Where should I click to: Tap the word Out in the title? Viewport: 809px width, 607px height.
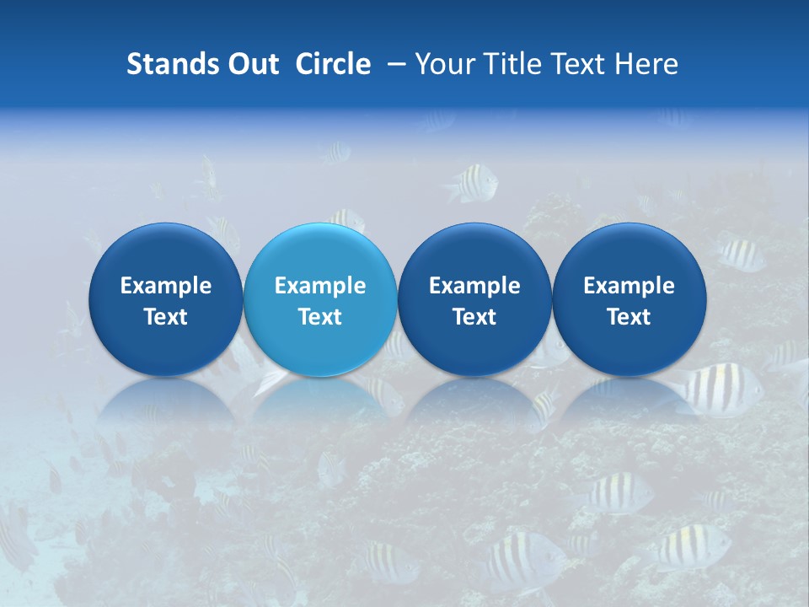[x=252, y=64]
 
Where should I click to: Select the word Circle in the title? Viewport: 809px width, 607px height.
[x=333, y=64]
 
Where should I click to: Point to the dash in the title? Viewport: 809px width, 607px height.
[x=394, y=64]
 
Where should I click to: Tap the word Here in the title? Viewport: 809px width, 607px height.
[x=647, y=64]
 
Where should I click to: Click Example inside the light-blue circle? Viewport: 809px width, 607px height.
[x=320, y=286]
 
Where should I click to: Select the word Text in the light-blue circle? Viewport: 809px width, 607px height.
[x=320, y=317]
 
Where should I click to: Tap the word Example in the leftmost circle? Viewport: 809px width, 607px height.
[x=166, y=286]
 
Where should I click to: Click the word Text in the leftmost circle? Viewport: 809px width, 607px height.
[x=166, y=317]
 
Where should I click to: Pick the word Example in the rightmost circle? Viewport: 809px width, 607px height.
[x=629, y=286]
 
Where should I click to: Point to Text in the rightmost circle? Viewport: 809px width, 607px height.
[x=629, y=317]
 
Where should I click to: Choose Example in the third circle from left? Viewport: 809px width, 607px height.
[x=474, y=286]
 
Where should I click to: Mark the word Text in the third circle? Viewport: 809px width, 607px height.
[x=474, y=317]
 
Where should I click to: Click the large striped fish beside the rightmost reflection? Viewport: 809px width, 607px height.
[x=721, y=390]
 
